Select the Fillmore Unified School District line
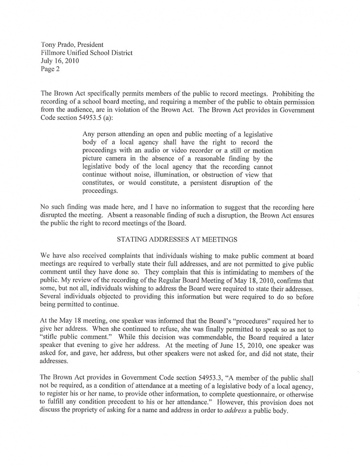pos(86,53)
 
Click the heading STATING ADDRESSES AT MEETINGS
pos(177,239)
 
